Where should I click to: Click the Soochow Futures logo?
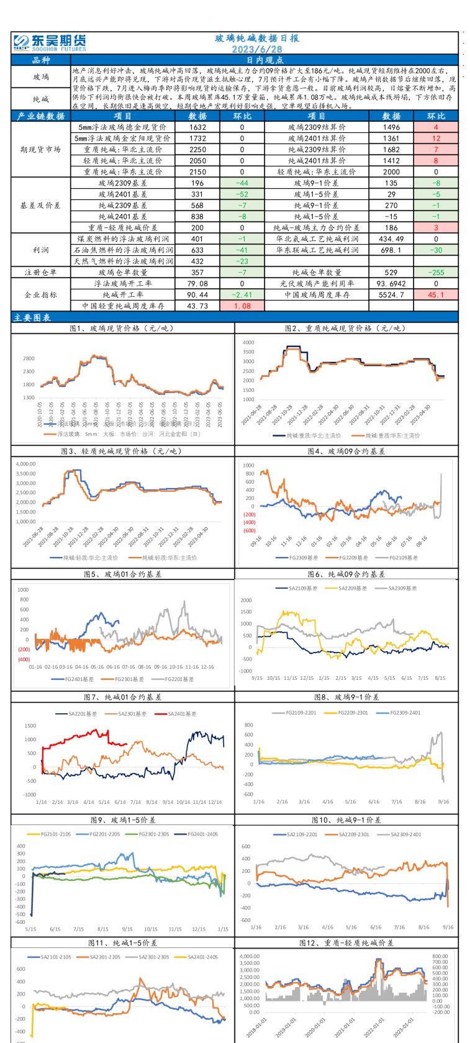pyautogui.click(x=50, y=42)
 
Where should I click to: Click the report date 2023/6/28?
pyautogui.click(x=257, y=49)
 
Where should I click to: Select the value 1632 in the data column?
pyautogui.click(x=198, y=127)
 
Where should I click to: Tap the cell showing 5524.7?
pyautogui.click(x=391, y=295)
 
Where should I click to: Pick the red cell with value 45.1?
pyautogui.click(x=436, y=295)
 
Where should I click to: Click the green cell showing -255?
pyautogui.click(x=436, y=273)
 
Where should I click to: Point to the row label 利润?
pyautogui.click(x=41, y=250)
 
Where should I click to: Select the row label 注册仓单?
pyautogui.click(x=41, y=273)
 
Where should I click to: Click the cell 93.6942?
pyautogui.click(x=391, y=284)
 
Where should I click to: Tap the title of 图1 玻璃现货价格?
pyautogui.click(x=122, y=328)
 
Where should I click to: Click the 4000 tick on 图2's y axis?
pyautogui.click(x=248, y=343)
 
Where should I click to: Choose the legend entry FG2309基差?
pyautogui.click(x=301, y=558)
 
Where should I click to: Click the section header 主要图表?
pyautogui.click(x=32, y=317)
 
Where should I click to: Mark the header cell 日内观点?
pyautogui.click(x=264, y=60)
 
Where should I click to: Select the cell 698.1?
pyautogui.click(x=391, y=250)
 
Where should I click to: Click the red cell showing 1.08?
pyautogui.click(x=242, y=306)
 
